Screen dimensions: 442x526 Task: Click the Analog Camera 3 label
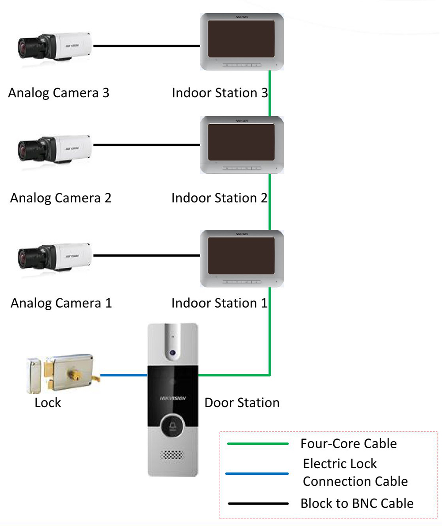[x=59, y=93]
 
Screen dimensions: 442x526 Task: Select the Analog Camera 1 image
[x=55, y=257]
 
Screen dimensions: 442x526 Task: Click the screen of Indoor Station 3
[x=241, y=39]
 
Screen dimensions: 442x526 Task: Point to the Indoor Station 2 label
[x=220, y=198]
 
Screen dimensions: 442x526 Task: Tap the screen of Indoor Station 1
[x=241, y=256]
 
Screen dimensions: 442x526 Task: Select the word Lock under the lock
[x=48, y=403]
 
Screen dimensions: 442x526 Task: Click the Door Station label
[x=242, y=403]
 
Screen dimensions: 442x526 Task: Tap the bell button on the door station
[x=172, y=427]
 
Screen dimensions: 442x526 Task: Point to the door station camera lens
[x=173, y=353]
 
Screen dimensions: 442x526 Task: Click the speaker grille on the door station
[x=172, y=455]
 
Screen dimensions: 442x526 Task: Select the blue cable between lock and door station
[x=124, y=375]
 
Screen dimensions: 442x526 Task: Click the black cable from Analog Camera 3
[x=147, y=46]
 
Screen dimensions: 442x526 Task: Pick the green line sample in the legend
[x=258, y=444]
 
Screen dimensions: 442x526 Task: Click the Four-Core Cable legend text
[x=348, y=443]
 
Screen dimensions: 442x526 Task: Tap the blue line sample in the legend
[x=257, y=474]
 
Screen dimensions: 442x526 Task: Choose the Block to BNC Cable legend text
[x=357, y=503]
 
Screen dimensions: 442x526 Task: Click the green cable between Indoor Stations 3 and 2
[x=270, y=93]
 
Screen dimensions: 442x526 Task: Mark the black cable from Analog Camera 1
[x=147, y=255]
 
